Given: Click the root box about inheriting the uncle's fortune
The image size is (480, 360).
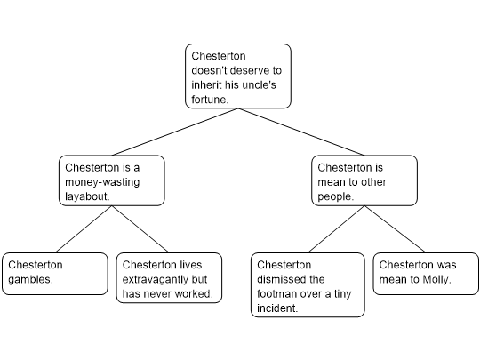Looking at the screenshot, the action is (x=238, y=76).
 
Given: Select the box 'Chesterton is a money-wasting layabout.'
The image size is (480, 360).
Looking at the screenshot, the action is (x=112, y=180).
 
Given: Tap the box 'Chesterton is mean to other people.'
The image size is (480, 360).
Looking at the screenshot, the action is (x=364, y=180).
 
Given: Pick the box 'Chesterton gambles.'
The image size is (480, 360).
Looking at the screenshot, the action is (x=55, y=274).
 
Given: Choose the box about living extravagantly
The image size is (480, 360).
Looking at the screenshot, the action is (x=169, y=277).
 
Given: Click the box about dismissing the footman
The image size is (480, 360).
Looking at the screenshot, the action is (x=308, y=284).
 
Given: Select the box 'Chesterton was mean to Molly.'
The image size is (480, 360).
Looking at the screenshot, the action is (x=426, y=274).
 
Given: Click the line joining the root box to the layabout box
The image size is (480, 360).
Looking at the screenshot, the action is (x=175, y=132).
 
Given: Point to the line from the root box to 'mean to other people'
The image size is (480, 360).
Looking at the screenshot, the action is (x=301, y=132).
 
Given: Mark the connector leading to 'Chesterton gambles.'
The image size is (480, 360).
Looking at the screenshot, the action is (x=84, y=229).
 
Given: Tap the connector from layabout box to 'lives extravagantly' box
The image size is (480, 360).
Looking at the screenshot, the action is (x=140, y=229).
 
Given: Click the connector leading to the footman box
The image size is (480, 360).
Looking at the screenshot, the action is (x=336, y=229).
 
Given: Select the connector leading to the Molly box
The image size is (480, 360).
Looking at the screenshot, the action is (x=396, y=229).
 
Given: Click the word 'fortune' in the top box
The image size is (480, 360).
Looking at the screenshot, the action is (x=209, y=100).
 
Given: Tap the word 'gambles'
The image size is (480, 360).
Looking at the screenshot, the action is (x=29, y=279).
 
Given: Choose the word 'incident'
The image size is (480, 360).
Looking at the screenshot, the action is (x=276, y=308).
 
